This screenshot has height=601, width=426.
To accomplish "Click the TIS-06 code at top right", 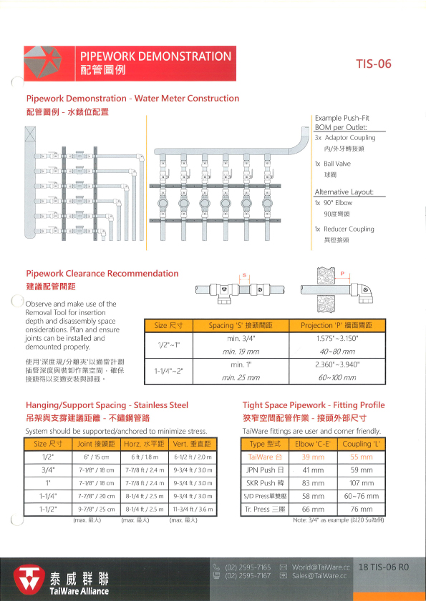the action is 374,64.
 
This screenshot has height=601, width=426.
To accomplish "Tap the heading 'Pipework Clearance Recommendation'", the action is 102,273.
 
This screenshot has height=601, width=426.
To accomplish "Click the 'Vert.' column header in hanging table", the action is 189,444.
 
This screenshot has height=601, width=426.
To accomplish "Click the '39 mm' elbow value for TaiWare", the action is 313,456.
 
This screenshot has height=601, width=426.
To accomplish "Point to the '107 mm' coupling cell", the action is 362,482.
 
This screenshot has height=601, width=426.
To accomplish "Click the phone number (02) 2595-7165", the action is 248,567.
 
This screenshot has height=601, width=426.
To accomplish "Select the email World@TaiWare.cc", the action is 320,567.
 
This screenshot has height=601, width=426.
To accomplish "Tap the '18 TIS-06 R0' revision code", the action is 384,567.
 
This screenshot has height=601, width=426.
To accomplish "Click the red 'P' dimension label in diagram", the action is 343,272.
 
